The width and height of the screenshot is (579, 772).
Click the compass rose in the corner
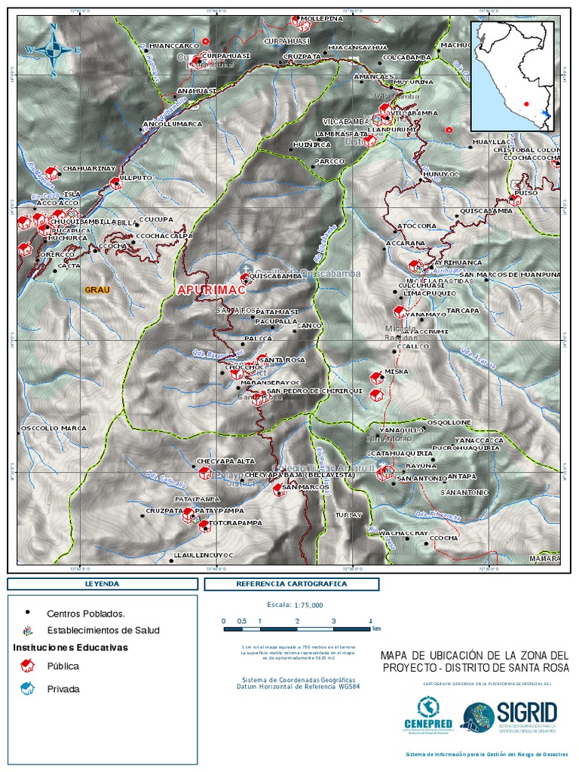click(x=54, y=50)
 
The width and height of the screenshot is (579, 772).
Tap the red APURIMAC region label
click(x=208, y=289)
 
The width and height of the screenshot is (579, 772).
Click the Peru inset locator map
click(x=516, y=76)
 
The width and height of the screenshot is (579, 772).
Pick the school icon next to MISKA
click(x=376, y=378)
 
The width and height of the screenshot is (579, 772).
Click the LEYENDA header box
click(x=102, y=584)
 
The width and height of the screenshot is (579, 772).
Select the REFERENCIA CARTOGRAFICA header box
click(x=291, y=584)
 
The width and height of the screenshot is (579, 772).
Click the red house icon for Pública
click(x=28, y=665)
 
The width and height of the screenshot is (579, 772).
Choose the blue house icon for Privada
click(x=28, y=688)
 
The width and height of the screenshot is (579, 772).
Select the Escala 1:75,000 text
click(x=295, y=605)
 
